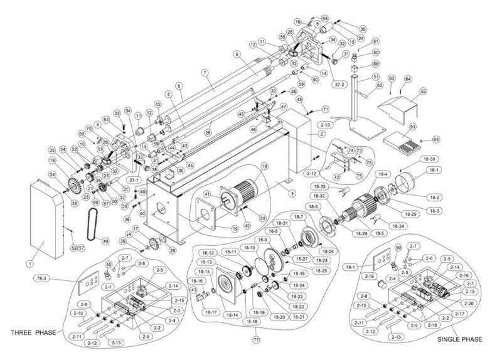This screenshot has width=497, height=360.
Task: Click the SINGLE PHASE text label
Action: click(x=461, y=339)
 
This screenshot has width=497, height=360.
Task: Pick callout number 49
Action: click(x=105, y=241)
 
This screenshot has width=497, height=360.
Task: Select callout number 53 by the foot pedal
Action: click(x=412, y=127)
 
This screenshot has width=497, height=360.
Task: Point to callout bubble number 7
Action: click(x=203, y=73)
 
